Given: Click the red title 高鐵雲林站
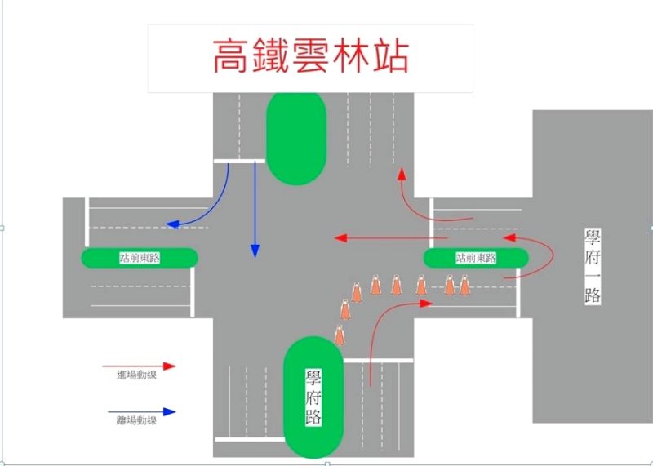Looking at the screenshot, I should pos(310,56).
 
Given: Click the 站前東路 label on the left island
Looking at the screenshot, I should pos(140,258).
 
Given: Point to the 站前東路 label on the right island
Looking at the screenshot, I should pos(476,258).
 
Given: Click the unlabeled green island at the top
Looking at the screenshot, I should pos(296,136).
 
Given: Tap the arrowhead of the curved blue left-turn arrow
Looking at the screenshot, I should pos(169,224).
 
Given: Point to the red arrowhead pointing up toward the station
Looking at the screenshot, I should pos(401,174).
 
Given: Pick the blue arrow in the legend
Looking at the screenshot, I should pos(140,412).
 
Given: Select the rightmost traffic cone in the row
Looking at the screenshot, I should pos(464,286).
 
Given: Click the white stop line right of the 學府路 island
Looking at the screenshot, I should pos(378,360).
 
